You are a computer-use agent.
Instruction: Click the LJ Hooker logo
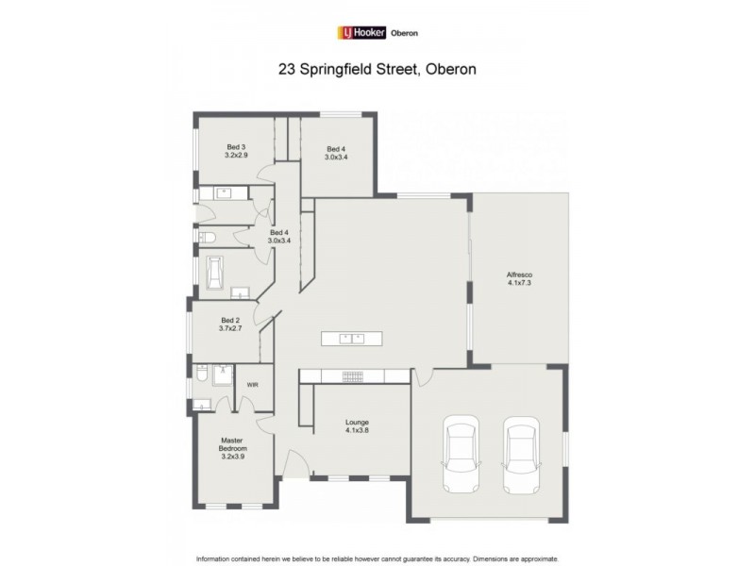pyautogui.click(x=361, y=33)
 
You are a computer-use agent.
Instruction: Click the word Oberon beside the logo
pyautogui.click(x=404, y=33)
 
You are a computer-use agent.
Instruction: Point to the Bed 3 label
pyautogui.click(x=236, y=147)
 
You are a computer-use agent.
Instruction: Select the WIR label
pyautogui.click(x=252, y=385)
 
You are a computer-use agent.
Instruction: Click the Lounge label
pyautogui.click(x=357, y=422)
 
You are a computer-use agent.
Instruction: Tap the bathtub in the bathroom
pyautogui.click(x=215, y=274)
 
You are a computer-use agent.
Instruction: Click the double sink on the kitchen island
pyautogui.click(x=351, y=338)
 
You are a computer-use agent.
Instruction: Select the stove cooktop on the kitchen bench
pyautogui.click(x=352, y=376)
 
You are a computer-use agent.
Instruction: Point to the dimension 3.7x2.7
pyautogui.click(x=231, y=328)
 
